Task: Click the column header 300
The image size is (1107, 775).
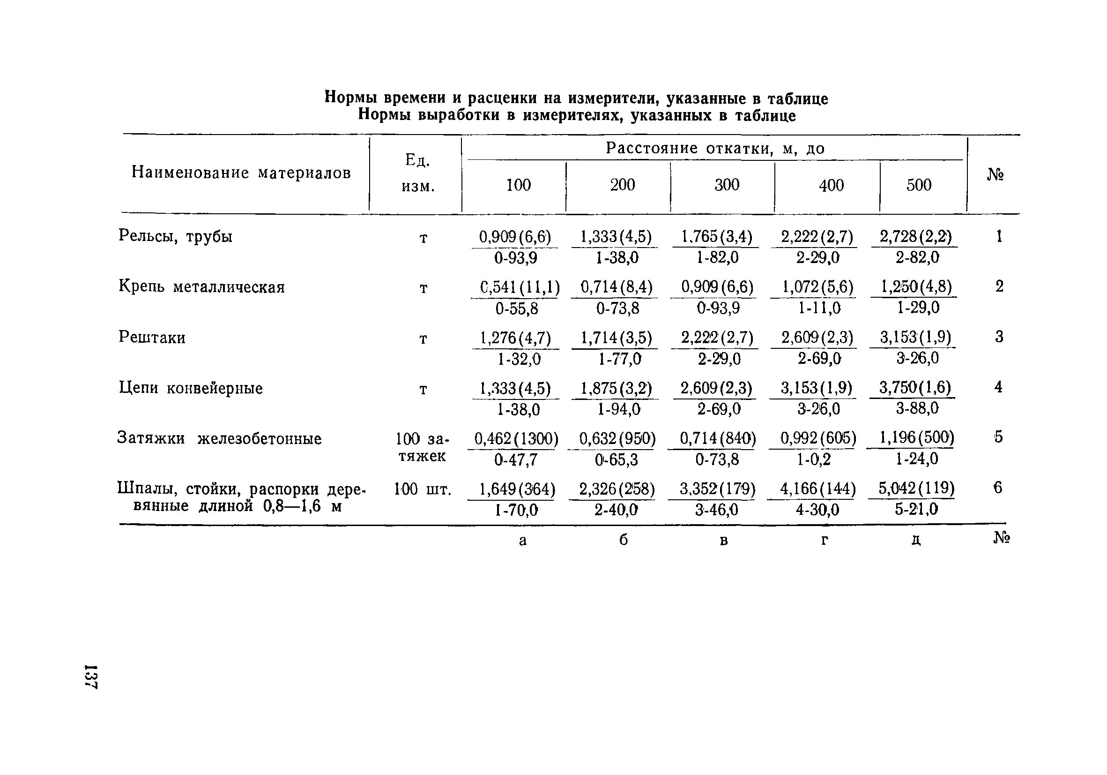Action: click(727, 185)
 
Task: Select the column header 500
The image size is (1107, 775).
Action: click(919, 185)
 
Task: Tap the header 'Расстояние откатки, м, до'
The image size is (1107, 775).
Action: click(715, 149)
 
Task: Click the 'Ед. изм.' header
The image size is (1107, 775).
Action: click(418, 173)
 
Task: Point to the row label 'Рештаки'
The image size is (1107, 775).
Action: click(152, 337)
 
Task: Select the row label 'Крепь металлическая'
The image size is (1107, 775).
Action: click(201, 287)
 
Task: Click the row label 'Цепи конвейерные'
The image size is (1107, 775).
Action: click(191, 388)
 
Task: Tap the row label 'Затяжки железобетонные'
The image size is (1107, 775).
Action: click(219, 439)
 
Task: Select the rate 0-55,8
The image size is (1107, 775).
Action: click(516, 309)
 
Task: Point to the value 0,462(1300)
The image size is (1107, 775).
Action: click(516, 439)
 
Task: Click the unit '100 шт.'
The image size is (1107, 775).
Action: click(423, 490)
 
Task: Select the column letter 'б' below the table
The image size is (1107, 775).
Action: click(623, 540)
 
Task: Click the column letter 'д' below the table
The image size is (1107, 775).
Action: click(916, 540)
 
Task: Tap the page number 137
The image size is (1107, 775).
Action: click(90, 677)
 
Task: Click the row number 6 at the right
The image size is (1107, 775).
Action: click(997, 489)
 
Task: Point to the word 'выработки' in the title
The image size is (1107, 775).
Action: click(461, 116)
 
